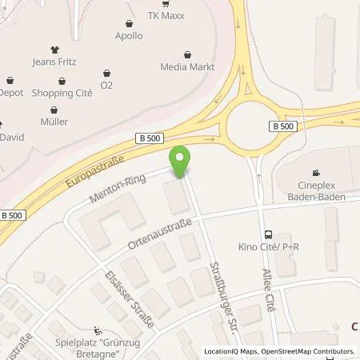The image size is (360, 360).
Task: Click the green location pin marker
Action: coord(181,162)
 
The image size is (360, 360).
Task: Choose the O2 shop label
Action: coord(106,84)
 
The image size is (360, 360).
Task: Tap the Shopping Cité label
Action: coord(55,93)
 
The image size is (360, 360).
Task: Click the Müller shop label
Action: coord(55,122)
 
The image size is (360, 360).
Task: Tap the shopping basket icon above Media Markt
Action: coord(186,55)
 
